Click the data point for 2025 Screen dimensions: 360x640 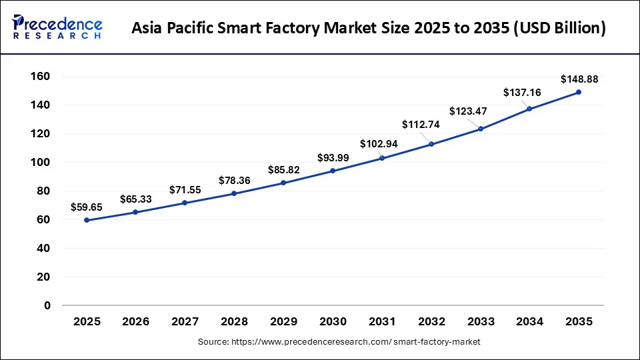pyautogui.click(x=87, y=220)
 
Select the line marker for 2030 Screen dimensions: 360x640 pyautogui.click(x=333, y=171)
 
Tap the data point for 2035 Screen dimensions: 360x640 pyautogui.click(x=578, y=92)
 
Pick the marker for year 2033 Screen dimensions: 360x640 pyautogui.click(x=480, y=129)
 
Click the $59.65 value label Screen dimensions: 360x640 pyautogui.click(x=87, y=207)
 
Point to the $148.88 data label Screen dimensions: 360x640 pyautogui.click(x=579, y=79)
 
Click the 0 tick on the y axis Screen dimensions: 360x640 pyautogui.click(x=47, y=306)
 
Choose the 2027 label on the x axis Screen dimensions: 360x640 pyautogui.click(x=185, y=321)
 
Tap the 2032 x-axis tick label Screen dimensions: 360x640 pyautogui.click(x=431, y=321)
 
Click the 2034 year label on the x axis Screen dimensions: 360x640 pyautogui.click(x=529, y=321)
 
